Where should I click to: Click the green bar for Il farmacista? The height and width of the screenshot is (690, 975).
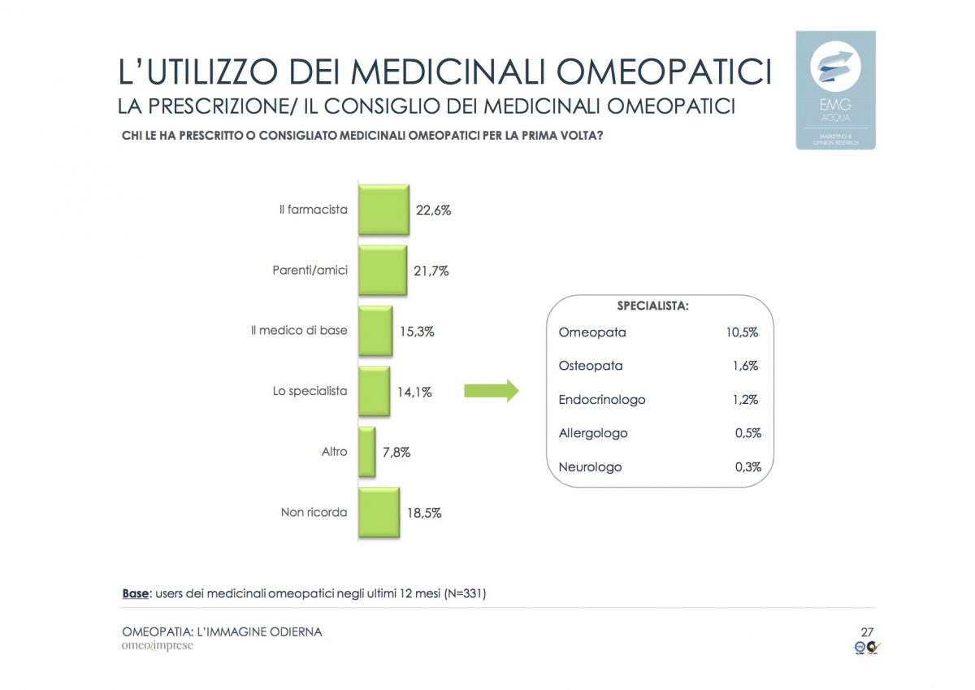[383, 210]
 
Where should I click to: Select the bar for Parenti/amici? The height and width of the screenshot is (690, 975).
[383, 271]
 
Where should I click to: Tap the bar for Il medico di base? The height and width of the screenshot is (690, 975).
[375, 331]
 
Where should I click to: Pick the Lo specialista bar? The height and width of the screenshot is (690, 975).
[374, 391]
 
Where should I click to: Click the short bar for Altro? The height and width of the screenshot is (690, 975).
[367, 452]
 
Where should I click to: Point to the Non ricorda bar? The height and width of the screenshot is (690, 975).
[379, 513]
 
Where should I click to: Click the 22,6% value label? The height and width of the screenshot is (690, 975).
[433, 210]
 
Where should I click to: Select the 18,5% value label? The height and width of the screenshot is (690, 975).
[424, 514]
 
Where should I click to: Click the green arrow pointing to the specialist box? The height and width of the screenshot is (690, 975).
[491, 391]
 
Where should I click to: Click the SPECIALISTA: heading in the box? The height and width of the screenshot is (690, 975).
[653, 307]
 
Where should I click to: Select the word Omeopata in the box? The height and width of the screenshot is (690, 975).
[592, 332]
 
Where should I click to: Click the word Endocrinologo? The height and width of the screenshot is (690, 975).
[602, 400]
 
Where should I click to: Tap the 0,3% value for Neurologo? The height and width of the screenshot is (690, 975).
[747, 467]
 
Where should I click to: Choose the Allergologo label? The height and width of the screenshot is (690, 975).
[593, 433]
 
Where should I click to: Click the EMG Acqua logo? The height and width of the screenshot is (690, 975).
[835, 89]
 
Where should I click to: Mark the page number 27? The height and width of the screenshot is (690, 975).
[867, 631]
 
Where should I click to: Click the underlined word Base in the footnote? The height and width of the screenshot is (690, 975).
[135, 594]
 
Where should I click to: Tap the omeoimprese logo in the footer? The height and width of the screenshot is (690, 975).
[158, 647]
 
